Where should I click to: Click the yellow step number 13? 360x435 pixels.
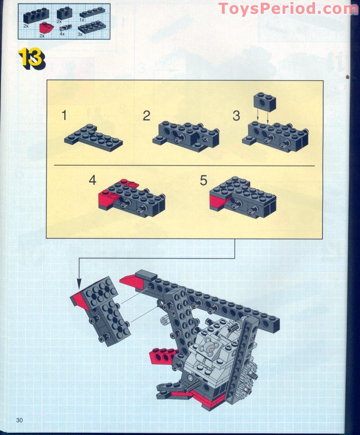(x=32, y=58)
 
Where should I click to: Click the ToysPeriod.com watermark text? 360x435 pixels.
(x=288, y=9)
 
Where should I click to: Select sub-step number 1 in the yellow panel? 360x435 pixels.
(x=64, y=115)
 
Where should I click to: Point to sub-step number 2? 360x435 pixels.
(x=147, y=116)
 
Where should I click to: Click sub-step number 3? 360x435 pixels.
(x=236, y=116)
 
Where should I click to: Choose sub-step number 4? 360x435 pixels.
(x=92, y=180)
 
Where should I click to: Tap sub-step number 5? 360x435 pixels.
(x=204, y=180)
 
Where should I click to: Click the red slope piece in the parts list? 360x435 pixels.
(x=46, y=28)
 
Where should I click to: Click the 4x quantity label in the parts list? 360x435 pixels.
(x=62, y=34)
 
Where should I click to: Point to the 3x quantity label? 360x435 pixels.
(x=80, y=34)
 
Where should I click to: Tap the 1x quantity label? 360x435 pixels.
(x=82, y=20)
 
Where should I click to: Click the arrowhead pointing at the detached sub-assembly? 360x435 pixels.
(x=79, y=284)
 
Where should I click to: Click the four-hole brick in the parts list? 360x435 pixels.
(x=36, y=15)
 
